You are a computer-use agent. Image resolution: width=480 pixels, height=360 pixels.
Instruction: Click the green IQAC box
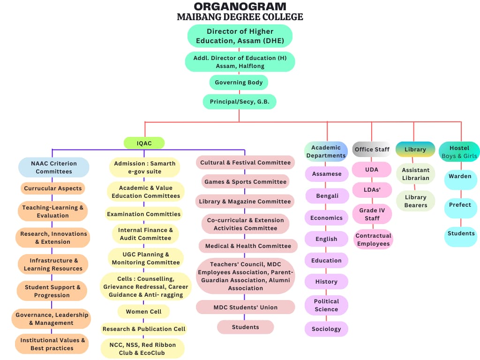(144, 143)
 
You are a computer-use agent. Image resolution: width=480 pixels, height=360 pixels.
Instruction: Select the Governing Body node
(239, 82)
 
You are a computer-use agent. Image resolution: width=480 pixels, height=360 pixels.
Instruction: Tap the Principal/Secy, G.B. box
(240, 102)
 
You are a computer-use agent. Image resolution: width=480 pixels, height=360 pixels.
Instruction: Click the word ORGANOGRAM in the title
(240, 7)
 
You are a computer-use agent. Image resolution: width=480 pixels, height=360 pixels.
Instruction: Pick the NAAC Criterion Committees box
(54, 167)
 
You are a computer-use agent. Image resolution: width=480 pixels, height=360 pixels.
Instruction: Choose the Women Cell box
(143, 311)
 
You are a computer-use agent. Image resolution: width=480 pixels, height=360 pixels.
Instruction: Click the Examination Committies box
(143, 214)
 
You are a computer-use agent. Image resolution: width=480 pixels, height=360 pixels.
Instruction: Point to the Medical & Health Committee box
(245, 246)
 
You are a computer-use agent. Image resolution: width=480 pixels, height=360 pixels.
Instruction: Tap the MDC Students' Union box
(245, 307)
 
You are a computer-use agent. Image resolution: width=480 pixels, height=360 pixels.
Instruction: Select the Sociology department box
(326, 329)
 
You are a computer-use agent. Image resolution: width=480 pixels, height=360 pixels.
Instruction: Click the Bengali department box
(327, 196)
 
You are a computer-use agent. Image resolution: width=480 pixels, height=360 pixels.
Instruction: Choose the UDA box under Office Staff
(372, 170)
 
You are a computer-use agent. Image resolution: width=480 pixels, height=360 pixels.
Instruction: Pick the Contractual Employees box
(373, 240)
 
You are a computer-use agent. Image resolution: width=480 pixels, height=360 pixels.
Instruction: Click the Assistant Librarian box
(415, 174)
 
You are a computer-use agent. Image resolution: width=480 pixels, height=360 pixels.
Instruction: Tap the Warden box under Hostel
(460, 177)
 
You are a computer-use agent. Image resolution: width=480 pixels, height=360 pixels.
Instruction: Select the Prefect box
(460, 205)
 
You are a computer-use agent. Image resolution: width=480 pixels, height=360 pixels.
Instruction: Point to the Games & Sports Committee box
(245, 182)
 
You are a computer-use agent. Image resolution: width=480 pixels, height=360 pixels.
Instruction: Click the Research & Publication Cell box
(144, 329)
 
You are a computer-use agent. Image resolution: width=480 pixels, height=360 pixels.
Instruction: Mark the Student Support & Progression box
(52, 291)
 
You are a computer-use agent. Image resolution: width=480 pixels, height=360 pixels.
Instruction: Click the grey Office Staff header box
(372, 150)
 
